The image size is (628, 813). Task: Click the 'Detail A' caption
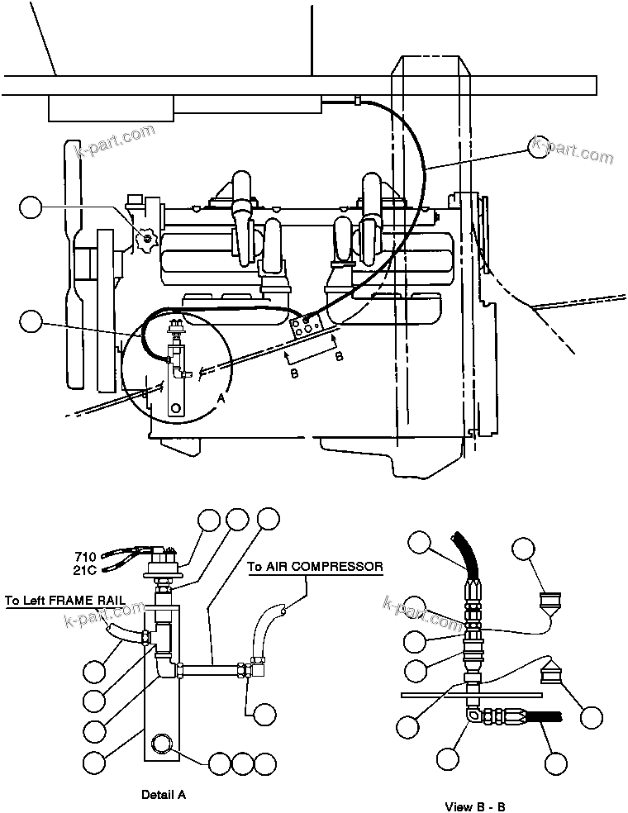(x=164, y=794)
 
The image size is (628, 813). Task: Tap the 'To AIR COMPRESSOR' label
(x=316, y=567)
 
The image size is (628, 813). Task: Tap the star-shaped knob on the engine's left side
(x=146, y=239)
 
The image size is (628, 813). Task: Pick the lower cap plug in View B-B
(x=551, y=675)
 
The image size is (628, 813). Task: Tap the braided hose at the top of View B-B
(x=466, y=554)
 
